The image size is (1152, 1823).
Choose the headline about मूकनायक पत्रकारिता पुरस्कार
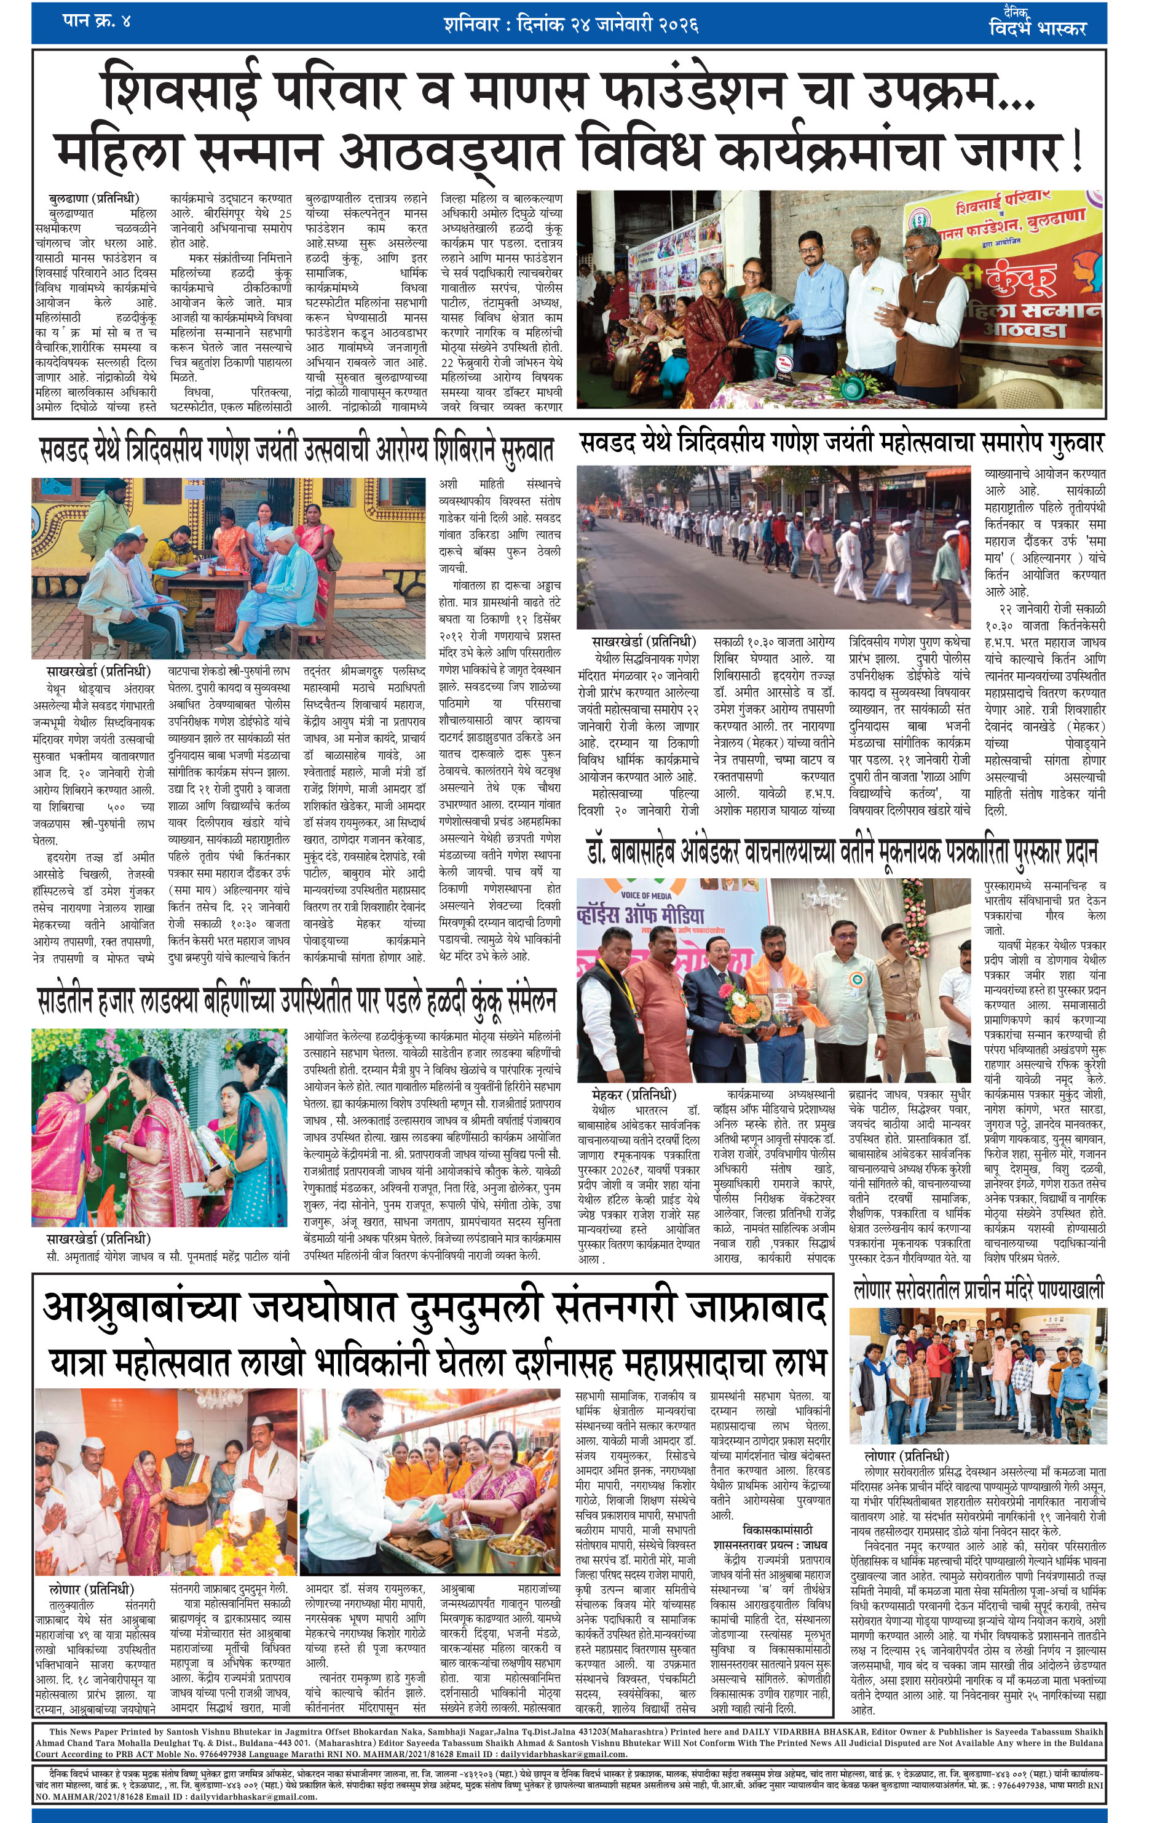pos(842,853)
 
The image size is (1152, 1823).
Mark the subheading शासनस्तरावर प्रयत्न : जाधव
pos(770,1545)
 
